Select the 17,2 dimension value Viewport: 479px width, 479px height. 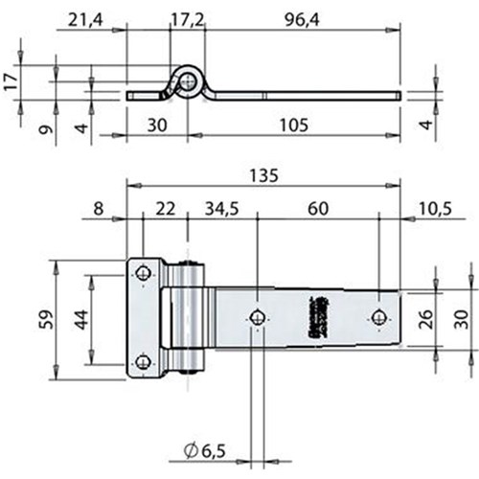click(x=186, y=18)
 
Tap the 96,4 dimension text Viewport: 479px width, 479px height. click(x=298, y=18)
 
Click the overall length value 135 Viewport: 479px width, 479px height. click(x=262, y=174)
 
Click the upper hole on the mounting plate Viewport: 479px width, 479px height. click(x=143, y=272)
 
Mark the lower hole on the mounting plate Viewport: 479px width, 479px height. click(x=143, y=361)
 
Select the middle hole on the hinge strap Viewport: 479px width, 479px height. click(x=256, y=318)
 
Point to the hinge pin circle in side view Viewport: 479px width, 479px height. click(x=188, y=82)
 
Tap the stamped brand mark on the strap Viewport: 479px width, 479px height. click(x=316, y=316)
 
